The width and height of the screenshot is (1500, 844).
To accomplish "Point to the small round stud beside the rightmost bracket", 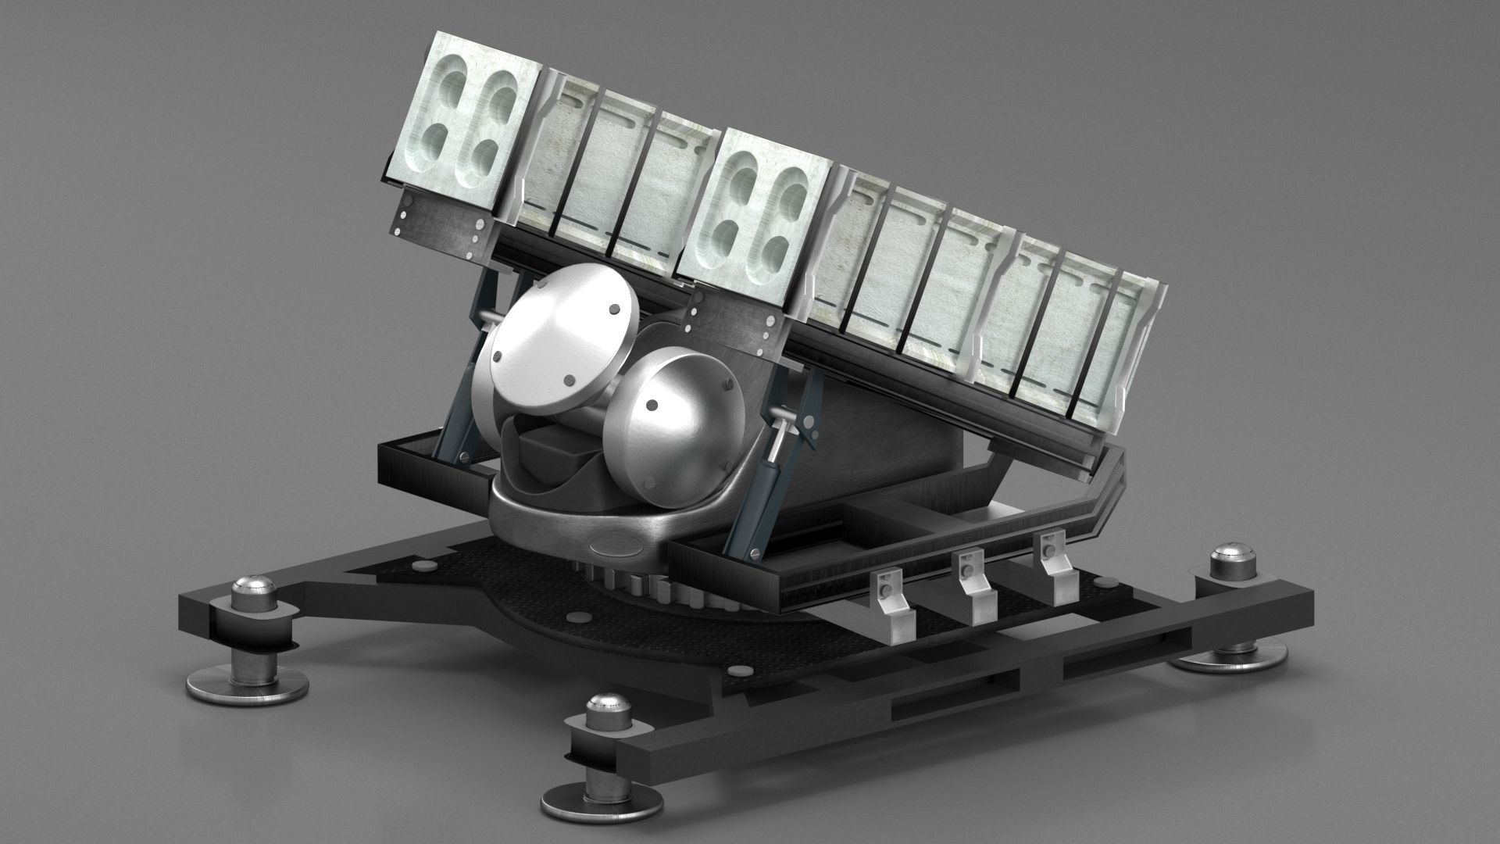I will click(1105, 582).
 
